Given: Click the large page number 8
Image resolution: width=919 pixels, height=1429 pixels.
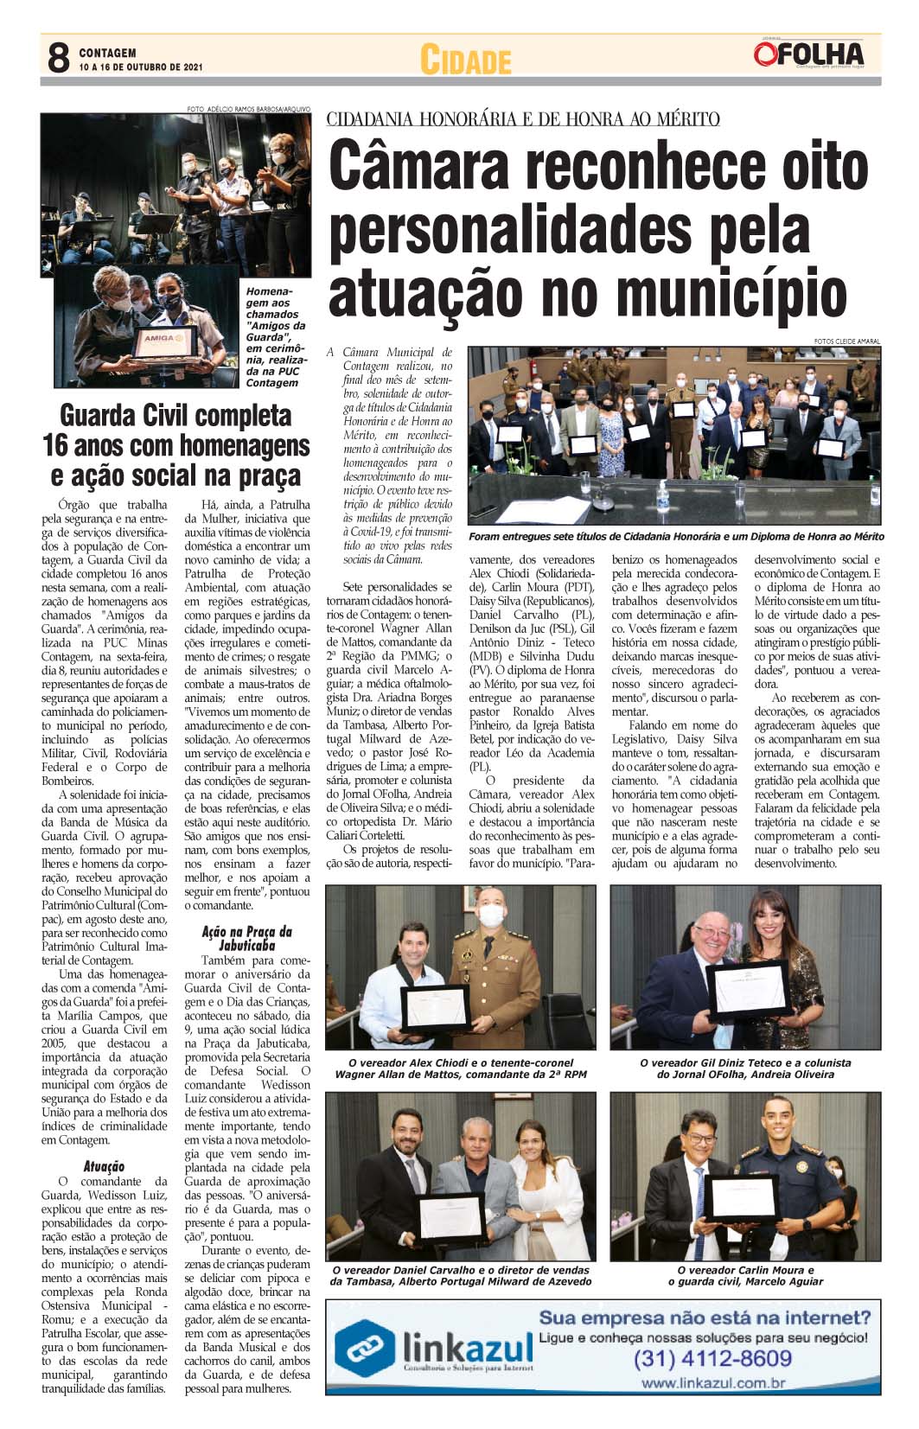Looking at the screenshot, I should [x=57, y=58].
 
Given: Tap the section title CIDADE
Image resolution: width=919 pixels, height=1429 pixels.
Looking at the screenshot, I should [x=465, y=61].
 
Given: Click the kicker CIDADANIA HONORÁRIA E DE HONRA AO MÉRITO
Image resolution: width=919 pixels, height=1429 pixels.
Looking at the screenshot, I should [x=522, y=119].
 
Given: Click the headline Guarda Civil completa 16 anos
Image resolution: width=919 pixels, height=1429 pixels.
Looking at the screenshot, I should [x=176, y=445].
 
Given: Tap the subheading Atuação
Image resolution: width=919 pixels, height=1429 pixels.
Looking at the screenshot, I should [x=104, y=1166].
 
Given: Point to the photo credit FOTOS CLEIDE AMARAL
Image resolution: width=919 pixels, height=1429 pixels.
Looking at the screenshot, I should [x=846, y=341].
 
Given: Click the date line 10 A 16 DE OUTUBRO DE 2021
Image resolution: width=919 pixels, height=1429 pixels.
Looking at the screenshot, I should [x=140, y=67].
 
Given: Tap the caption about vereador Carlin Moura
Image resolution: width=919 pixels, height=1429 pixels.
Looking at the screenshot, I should [x=745, y=1275].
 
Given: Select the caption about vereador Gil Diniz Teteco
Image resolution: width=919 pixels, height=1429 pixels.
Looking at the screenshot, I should [x=745, y=1069].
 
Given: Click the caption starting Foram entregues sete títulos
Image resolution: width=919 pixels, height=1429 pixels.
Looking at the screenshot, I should [x=675, y=537].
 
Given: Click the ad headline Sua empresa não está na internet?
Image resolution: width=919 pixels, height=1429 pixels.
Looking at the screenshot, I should [x=704, y=1318].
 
